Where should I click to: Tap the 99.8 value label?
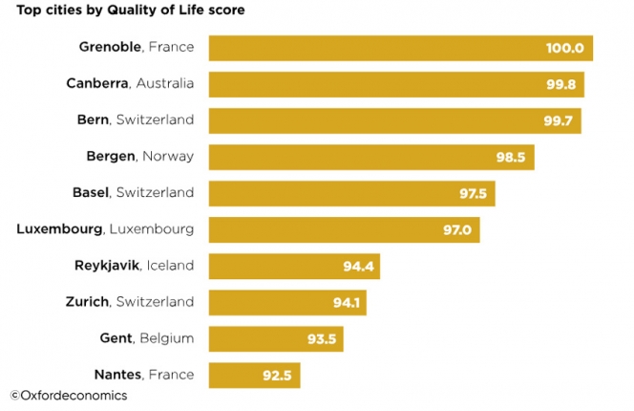click(560, 84)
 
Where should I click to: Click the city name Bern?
click(93, 119)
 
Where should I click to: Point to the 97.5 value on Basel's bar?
click(473, 193)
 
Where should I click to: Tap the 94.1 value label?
click(344, 302)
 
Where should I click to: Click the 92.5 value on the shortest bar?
click(278, 375)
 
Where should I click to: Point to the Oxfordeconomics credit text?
click(69, 395)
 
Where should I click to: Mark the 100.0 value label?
click(565, 48)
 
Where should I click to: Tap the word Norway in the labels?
click(168, 156)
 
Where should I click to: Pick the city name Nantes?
click(119, 374)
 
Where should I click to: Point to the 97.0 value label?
click(457, 229)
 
